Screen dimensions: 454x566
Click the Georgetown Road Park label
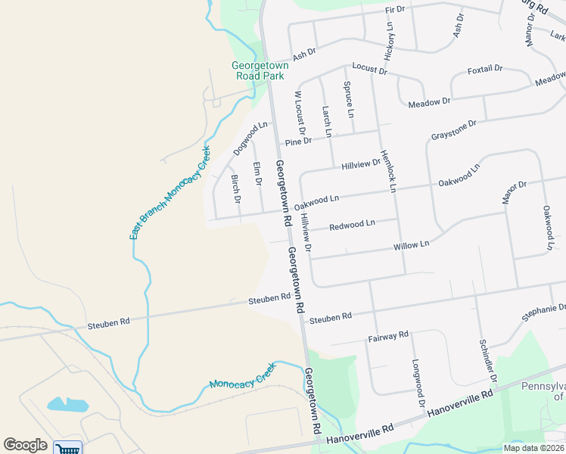260,70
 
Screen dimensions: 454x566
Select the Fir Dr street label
395,9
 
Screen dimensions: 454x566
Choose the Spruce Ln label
349,99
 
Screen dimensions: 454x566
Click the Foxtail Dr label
485,69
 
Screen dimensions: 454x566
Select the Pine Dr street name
298,141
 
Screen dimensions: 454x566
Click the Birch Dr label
235,189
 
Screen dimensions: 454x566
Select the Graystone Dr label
454,129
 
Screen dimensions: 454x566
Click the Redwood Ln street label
352,225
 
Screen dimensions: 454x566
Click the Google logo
25,445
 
